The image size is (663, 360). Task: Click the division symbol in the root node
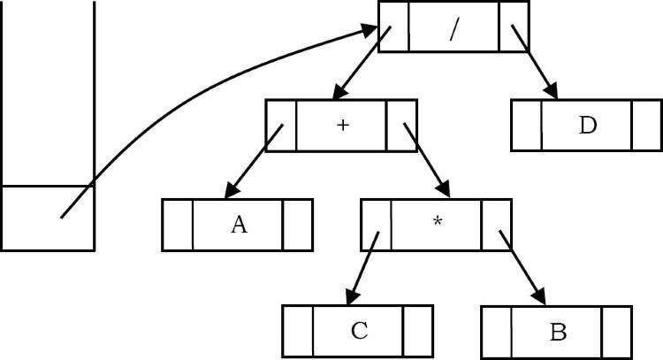(x=454, y=27)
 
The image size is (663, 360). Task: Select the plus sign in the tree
(x=342, y=126)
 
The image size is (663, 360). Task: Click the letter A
(x=239, y=225)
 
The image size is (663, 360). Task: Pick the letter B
(x=557, y=332)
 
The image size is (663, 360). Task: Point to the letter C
(x=359, y=331)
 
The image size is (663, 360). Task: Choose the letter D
(x=587, y=126)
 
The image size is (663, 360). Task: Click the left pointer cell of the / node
(x=393, y=27)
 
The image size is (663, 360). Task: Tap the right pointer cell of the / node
(x=514, y=27)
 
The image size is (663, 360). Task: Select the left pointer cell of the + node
(x=281, y=126)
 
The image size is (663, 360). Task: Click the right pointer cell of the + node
(x=401, y=126)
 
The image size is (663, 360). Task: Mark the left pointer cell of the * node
(x=376, y=225)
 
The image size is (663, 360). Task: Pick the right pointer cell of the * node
(x=497, y=225)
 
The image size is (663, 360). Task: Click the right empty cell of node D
(x=646, y=126)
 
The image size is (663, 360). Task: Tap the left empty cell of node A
(x=178, y=225)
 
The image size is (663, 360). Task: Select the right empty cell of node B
(x=617, y=332)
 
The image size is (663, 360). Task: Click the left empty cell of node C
(x=298, y=331)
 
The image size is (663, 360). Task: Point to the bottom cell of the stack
(x=48, y=218)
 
